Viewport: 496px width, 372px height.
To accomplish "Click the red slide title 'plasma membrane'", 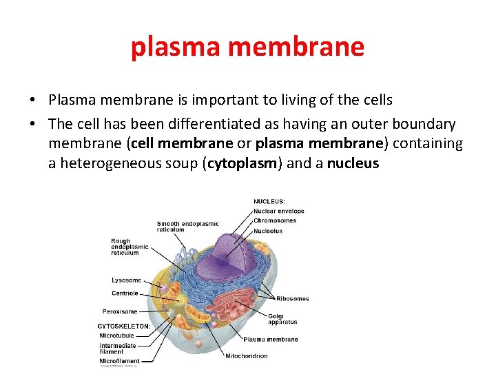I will pos(247,47).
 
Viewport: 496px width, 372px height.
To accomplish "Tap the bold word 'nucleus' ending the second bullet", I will pos(353,164).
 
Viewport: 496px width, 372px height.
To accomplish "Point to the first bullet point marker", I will pos(33,101).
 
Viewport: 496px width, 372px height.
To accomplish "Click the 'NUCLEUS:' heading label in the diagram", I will pos(273,201).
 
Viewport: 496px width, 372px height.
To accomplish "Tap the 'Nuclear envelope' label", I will pos(278,211).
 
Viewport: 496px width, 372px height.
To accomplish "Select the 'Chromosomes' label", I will pos(274,220).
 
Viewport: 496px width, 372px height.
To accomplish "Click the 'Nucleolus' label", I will pos(267,231).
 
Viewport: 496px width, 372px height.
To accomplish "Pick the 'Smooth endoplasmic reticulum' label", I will pos(187,227).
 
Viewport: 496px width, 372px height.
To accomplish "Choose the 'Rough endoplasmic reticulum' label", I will pos(130,247).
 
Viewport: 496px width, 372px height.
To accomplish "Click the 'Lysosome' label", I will pos(126,280).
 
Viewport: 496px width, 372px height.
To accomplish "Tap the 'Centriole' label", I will pos(125,293).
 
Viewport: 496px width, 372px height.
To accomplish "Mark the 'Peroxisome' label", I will pos(121,311).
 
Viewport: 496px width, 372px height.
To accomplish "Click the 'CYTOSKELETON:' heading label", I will pos(123,326).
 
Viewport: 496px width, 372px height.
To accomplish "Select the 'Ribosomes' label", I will pos(292,298).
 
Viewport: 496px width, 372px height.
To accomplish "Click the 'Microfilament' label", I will pos(119,360).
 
